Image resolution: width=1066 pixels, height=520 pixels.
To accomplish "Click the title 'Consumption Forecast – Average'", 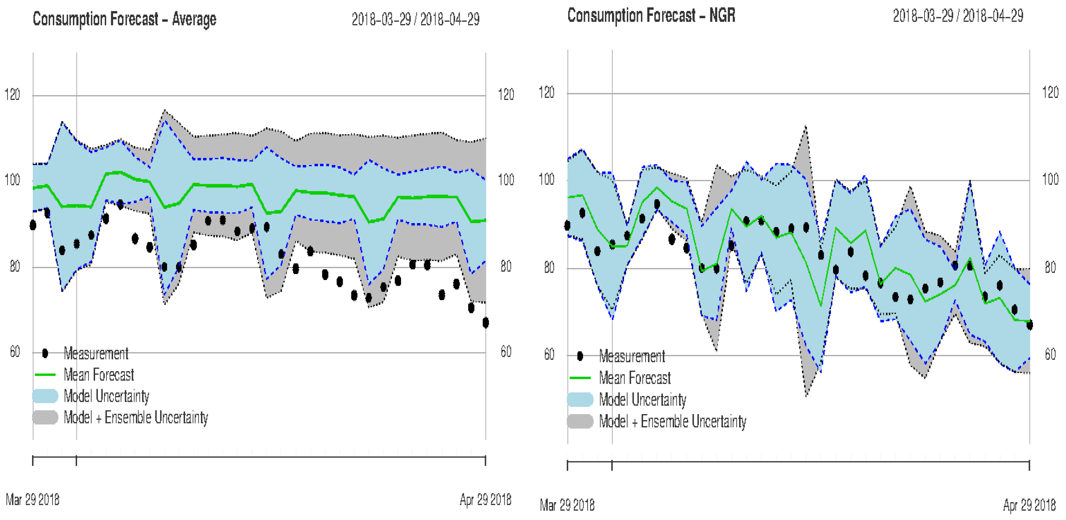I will pos(124,19).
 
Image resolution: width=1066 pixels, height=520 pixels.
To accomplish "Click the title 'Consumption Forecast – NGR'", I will pos(651,16).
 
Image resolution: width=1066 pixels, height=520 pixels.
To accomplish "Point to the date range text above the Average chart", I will pos(415,19).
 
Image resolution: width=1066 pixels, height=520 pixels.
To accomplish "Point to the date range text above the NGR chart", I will pos(958,16).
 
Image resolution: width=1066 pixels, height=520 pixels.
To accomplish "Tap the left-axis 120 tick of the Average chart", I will pos(12,95).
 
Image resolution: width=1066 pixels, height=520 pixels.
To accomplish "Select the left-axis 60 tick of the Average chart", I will pos(14,352).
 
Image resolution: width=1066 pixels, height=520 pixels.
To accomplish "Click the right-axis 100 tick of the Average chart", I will pos(506,180).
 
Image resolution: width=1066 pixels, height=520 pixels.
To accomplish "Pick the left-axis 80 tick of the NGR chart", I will pos(549,268).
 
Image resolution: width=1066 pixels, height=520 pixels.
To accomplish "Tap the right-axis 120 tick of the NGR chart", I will pos(1050,92).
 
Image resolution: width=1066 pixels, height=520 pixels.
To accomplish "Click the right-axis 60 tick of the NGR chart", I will pos(1050,355).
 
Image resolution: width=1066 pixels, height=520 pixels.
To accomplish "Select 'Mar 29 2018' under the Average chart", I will pos(32,500).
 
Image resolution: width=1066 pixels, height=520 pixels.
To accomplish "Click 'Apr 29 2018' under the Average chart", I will pos(485,500).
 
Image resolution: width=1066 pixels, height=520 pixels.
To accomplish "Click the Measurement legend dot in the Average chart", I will pos(45,354).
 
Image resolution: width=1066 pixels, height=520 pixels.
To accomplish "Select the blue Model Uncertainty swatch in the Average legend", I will pos(45,396).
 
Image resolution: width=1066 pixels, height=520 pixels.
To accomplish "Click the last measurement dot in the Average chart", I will pos(485,323).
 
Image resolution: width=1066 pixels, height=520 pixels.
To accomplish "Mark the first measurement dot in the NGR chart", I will pos(567,225).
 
